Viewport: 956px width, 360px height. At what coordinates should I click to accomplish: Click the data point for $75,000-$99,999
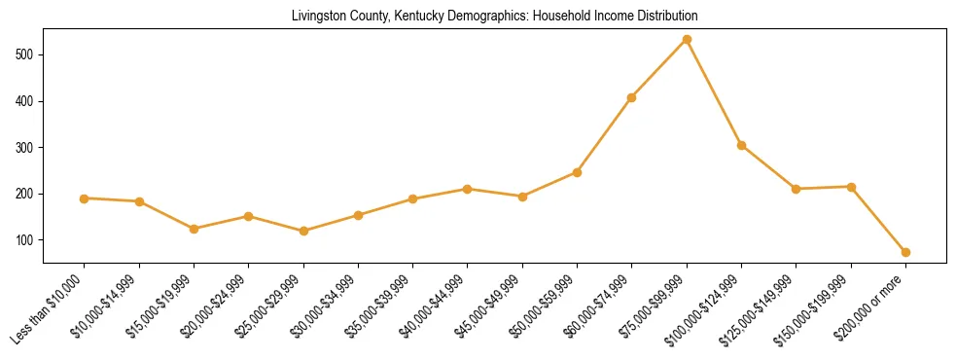click(x=687, y=39)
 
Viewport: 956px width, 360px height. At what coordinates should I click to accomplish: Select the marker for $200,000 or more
click(x=905, y=252)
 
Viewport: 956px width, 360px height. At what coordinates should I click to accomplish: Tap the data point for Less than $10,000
click(x=85, y=198)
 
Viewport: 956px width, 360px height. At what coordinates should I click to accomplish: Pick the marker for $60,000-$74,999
click(x=632, y=97)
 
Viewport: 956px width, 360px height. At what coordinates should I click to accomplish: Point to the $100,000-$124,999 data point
click(x=741, y=146)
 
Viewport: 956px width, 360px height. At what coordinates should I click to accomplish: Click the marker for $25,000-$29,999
click(x=303, y=231)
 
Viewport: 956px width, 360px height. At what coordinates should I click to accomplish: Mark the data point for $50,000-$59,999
click(x=577, y=172)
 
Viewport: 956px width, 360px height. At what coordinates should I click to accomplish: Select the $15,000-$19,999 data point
click(x=195, y=229)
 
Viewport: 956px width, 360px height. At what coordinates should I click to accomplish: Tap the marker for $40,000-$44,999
click(x=468, y=189)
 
